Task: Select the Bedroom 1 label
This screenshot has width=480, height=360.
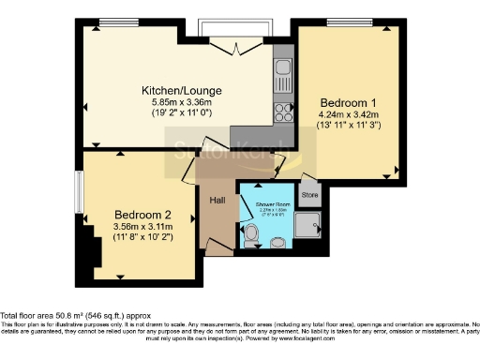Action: [348, 101]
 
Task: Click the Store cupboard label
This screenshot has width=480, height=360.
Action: [311, 195]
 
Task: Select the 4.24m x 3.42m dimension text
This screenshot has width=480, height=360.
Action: [348, 115]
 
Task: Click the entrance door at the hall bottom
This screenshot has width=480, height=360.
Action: [218, 252]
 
